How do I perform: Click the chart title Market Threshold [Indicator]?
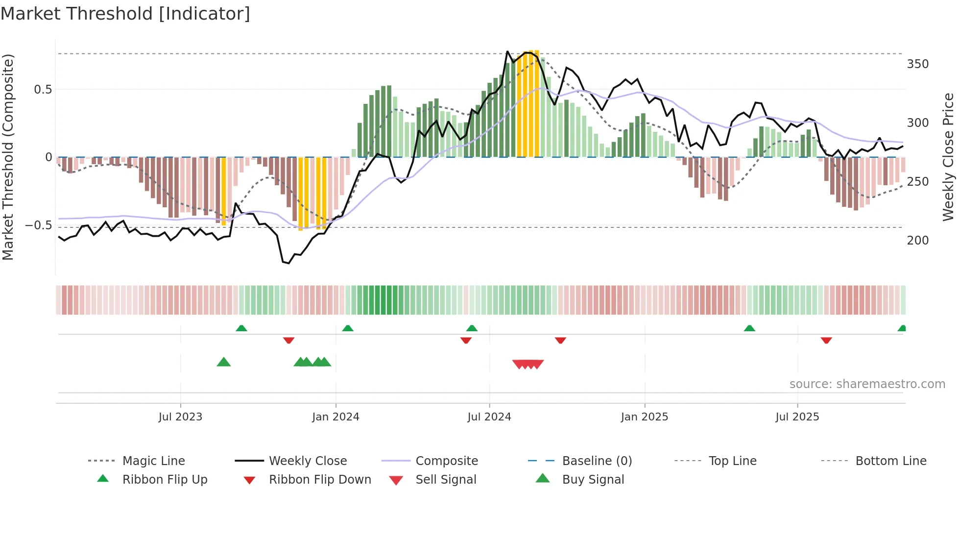click(125, 14)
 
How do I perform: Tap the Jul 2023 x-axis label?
click(180, 417)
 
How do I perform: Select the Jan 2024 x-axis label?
click(336, 417)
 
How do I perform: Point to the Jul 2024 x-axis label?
click(489, 417)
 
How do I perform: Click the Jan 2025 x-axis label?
click(644, 417)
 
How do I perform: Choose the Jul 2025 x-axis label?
click(797, 417)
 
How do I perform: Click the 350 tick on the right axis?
click(917, 64)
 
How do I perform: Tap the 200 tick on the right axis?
click(917, 241)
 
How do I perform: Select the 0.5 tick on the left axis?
click(43, 90)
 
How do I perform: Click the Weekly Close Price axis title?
click(948, 157)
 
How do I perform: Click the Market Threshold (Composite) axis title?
click(8, 157)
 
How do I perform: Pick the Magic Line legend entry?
click(153, 461)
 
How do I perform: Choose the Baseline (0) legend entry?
click(597, 461)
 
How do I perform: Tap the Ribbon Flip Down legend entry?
click(319, 480)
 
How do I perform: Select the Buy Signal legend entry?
click(593, 480)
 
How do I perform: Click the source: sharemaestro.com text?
click(867, 384)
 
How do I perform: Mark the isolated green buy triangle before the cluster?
click(223, 362)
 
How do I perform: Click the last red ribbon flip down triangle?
click(826, 340)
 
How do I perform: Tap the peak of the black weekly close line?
click(507, 51)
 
